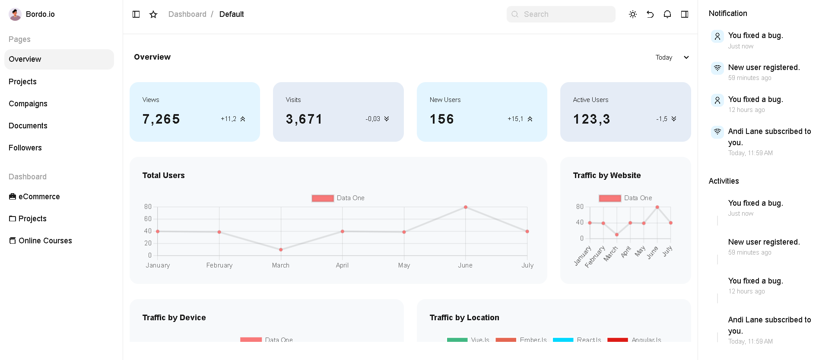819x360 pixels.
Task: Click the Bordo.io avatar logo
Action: coord(15,14)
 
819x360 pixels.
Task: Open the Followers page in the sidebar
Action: coord(25,148)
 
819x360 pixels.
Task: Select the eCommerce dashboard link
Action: coord(39,197)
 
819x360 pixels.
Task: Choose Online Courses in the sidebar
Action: coord(45,241)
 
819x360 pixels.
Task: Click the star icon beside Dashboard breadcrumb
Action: coord(153,14)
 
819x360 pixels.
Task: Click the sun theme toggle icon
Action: coord(633,14)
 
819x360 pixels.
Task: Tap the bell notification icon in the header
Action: coord(667,14)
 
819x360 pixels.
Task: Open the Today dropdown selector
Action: coord(672,57)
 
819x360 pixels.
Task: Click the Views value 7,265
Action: coord(161,119)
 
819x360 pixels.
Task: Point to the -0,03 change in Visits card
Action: coord(373,119)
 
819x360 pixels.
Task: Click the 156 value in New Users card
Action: coord(442,119)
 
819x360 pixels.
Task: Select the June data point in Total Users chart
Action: coord(466,207)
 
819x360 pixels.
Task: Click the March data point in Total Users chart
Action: coord(281,250)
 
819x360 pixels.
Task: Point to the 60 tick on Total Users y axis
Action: coord(148,219)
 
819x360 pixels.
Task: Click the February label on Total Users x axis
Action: coord(219,265)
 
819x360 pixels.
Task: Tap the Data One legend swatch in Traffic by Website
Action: coord(610,198)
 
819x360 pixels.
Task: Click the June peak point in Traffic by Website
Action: coord(657,207)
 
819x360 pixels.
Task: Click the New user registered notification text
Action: coord(764,67)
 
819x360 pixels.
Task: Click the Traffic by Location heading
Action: coord(464,318)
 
